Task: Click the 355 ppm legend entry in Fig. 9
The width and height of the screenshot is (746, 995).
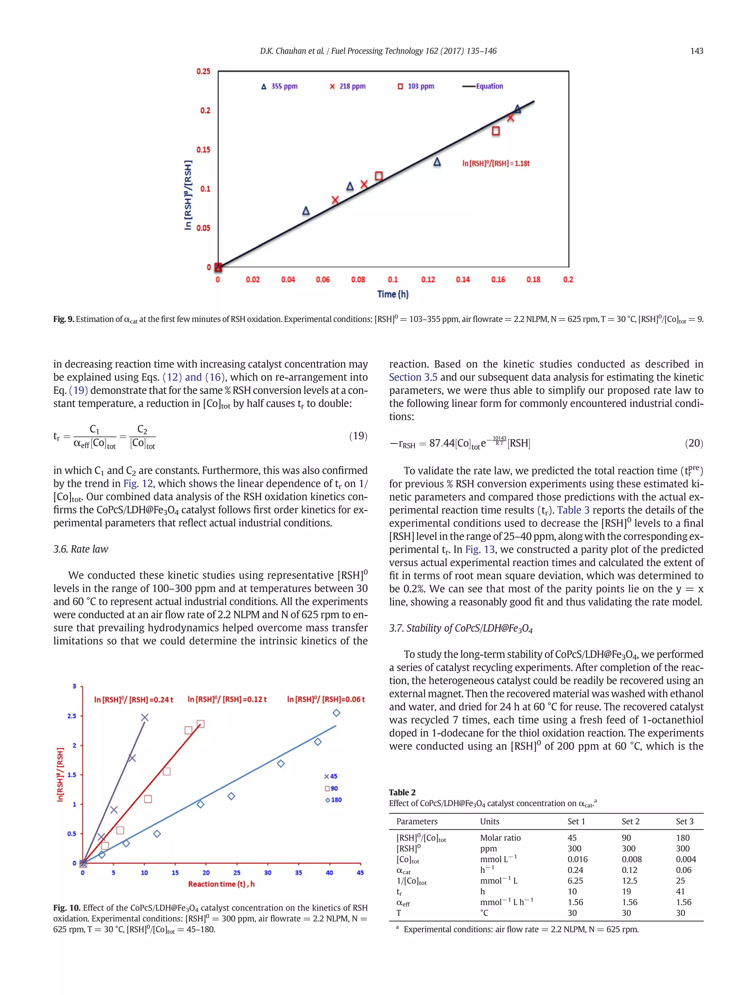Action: (279, 86)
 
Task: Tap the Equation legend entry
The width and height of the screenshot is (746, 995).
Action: (483, 86)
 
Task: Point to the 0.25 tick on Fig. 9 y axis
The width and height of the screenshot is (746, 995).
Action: (203, 71)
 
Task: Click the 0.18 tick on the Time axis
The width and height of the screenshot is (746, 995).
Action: (533, 280)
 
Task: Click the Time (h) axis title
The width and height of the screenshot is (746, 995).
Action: (393, 294)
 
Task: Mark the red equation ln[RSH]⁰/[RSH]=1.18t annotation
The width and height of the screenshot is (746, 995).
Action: (496, 164)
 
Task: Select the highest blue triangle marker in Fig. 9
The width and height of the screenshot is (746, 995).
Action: (518, 109)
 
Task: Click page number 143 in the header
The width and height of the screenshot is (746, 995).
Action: (696, 51)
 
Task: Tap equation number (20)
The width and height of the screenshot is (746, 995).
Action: (694, 443)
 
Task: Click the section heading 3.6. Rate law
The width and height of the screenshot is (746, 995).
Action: (81, 549)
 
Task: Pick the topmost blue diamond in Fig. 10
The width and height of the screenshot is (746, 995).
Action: (336, 713)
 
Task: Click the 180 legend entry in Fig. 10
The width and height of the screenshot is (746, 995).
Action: (334, 800)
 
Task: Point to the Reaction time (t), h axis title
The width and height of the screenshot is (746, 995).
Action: (221, 884)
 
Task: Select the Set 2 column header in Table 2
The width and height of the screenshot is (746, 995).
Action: (631, 821)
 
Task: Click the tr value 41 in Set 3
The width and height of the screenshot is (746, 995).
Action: (680, 892)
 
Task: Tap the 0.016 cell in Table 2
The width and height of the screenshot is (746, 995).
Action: (577, 859)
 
